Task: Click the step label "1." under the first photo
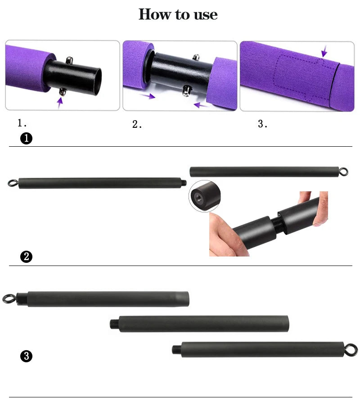point(21,123)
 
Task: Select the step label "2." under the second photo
point(137,125)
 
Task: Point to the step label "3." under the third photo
point(263,124)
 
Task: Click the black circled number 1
point(27,139)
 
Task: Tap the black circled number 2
point(27,257)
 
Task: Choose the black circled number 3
point(27,356)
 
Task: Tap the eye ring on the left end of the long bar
point(12,183)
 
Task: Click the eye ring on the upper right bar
point(344,172)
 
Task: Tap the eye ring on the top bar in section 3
point(9,299)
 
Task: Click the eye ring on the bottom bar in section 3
point(351,349)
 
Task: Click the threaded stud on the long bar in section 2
point(184,183)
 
